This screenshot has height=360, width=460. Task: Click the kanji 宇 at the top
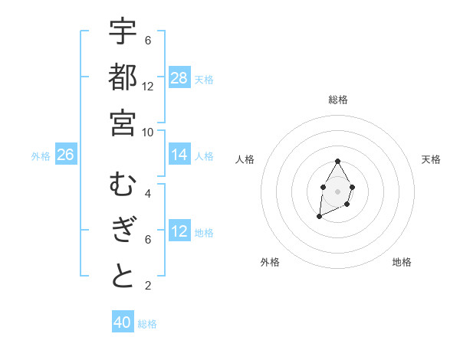click(x=123, y=33)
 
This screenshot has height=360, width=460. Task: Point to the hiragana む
click(x=123, y=186)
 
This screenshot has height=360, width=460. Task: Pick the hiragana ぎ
click(x=123, y=231)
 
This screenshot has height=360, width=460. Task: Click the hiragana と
click(x=123, y=276)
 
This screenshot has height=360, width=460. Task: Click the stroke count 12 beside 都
click(x=148, y=87)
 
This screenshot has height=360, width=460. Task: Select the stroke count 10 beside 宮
click(x=148, y=132)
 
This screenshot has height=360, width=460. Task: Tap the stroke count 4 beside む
click(x=148, y=194)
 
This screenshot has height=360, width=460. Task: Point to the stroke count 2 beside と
click(x=148, y=286)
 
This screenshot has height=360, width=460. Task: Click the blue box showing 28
click(x=179, y=78)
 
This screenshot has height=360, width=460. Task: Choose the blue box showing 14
click(x=179, y=155)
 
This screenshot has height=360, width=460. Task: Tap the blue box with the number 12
click(x=179, y=232)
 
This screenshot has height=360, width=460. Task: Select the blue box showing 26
click(x=66, y=155)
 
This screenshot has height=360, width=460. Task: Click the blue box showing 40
click(x=123, y=323)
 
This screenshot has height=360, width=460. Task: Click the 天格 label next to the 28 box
click(x=204, y=79)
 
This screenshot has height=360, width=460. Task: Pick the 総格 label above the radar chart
click(x=338, y=100)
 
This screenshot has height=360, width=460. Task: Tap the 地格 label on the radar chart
click(x=402, y=262)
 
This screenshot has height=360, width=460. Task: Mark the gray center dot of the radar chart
click(x=337, y=190)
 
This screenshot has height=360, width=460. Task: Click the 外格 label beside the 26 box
click(x=41, y=155)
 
